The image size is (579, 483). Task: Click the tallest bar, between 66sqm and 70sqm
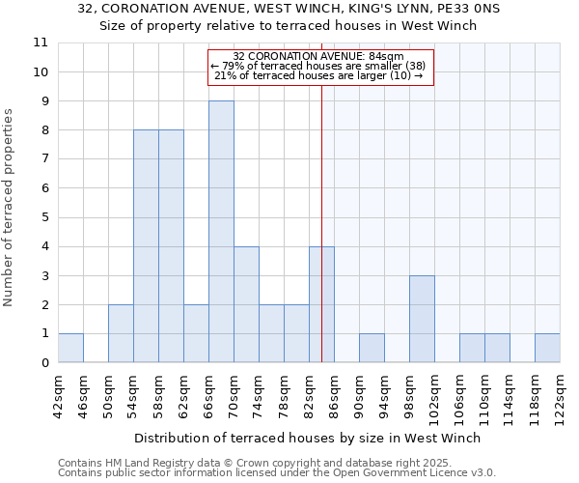[x=221, y=232]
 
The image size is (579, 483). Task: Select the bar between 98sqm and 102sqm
[x=422, y=319]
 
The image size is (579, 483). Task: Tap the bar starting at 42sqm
[x=70, y=348]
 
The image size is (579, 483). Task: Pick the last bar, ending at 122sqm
[x=547, y=348]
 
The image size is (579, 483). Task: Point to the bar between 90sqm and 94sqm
[x=372, y=348]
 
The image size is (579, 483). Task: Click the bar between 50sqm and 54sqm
[x=121, y=333]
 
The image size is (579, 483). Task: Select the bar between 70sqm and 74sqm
[x=246, y=304]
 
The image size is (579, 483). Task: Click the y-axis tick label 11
[x=41, y=43]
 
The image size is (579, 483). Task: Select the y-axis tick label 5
[x=41, y=217]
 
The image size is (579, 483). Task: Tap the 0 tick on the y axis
[x=41, y=363]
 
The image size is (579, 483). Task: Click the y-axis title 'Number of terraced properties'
[x=9, y=208]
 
